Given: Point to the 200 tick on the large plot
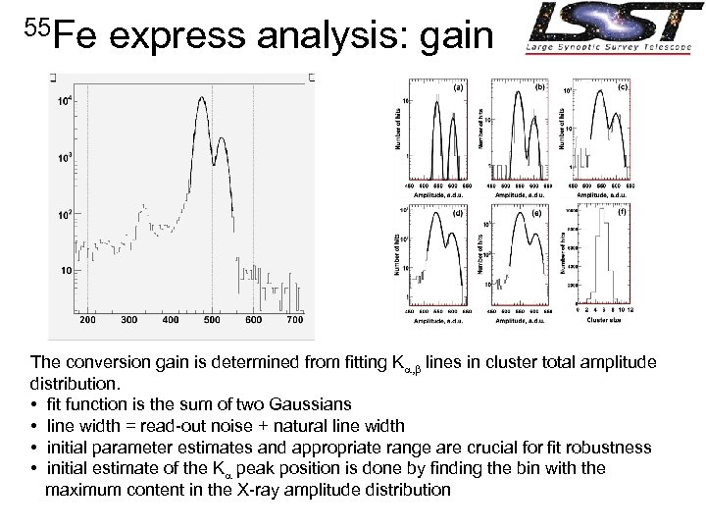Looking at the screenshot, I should pyautogui.click(x=87, y=321).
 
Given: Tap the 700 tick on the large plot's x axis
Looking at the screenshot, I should pyautogui.click(x=294, y=321).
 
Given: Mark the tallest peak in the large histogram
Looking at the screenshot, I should pyautogui.click(x=201, y=98).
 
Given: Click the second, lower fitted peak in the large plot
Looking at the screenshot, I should pyautogui.click(x=221, y=138).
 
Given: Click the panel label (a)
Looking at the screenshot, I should pyautogui.click(x=457, y=87).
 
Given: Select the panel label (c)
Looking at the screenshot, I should pyautogui.click(x=622, y=87).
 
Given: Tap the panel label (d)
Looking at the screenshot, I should pyautogui.click(x=457, y=211).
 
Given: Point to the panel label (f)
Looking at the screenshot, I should pyautogui.click(x=622, y=211).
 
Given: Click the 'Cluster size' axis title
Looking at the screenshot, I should pyautogui.click(x=603, y=320).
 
